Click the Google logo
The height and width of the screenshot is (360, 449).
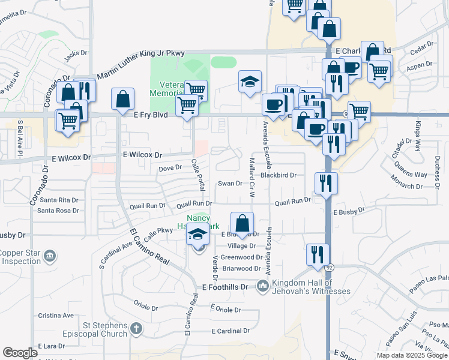pyautogui.click(x=20, y=353)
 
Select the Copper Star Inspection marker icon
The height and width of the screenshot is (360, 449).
pyautogui.click(x=50, y=257)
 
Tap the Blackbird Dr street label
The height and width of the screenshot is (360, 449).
pyautogui.click(x=279, y=175)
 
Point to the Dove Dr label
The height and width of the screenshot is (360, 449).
pyautogui.click(x=170, y=169)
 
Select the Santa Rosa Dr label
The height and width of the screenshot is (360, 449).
pyautogui.click(x=58, y=211)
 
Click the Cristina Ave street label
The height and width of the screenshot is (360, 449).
pyautogui.click(x=56, y=315)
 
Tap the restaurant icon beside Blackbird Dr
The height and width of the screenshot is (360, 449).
pyautogui.click(x=326, y=182)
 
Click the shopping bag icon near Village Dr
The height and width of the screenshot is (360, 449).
pyautogui.click(x=241, y=223)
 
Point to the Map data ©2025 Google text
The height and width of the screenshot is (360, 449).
pyautogui.click(x=412, y=355)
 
